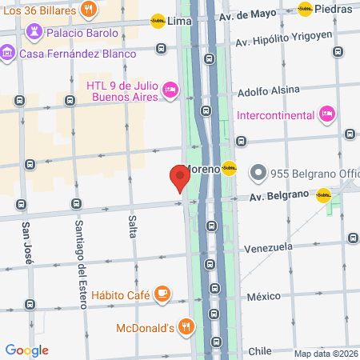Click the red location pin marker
coord(179,177)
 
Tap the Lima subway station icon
coord(158,22)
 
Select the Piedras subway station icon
coord(305,9)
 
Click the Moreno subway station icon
coord(230,169)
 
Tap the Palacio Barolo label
coord(82,34)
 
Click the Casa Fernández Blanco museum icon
coord(7,53)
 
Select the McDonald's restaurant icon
coord(186,326)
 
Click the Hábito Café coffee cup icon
coord(162,294)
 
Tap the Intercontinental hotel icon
coord(326,114)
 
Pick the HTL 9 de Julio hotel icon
coord(170,90)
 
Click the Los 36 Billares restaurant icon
coord(88,10)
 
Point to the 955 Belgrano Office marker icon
coord(258,172)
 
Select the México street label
coord(264,297)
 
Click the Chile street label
coord(261,350)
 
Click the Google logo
coord(26,350)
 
